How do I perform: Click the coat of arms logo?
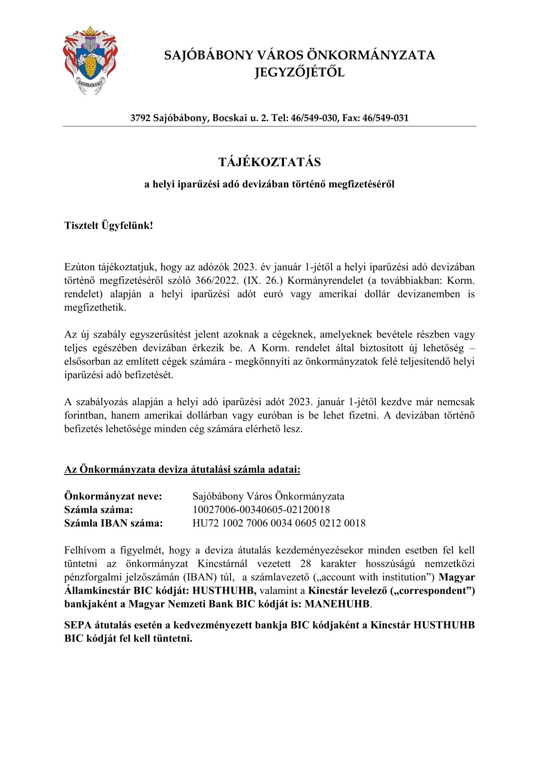(90, 60)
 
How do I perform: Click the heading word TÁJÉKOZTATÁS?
(269, 162)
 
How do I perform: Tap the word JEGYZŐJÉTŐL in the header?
(299, 72)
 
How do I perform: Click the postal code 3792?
(140, 118)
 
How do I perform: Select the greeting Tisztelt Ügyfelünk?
(109, 225)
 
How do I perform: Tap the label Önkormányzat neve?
(113, 496)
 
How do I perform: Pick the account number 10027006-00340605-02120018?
(261, 510)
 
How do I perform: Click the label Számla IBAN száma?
(114, 523)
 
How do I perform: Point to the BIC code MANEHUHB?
(337, 604)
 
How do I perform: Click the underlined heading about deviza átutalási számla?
(182, 470)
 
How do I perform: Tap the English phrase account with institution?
(374, 577)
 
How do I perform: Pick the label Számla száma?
(99, 510)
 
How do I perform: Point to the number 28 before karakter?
(306, 564)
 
